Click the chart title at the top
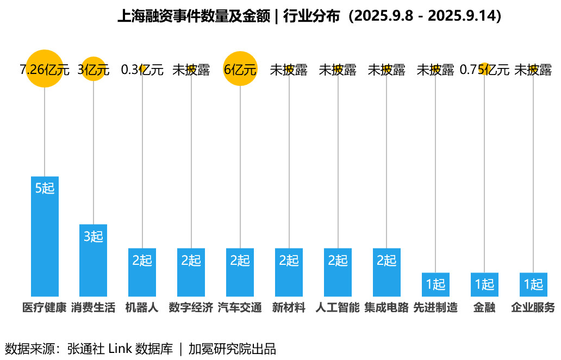coord(309,16)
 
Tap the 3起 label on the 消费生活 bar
coord(93,237)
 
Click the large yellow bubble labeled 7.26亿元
coord(45,69)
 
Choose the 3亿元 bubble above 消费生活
coord(93,70)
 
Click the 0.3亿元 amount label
coord(142,70)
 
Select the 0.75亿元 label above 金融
coord(484,70)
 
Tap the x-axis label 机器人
coord(142,308)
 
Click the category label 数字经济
coord(191,308)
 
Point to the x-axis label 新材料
coord(289,308)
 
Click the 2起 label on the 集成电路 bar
coord(387,260)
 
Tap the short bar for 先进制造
coord(435,284)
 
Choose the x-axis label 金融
coord(484,308)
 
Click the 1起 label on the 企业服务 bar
coord(533,284)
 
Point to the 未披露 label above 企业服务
coord(533,70)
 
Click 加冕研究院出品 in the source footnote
coord(232,349)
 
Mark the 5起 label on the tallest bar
coord(45,188)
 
